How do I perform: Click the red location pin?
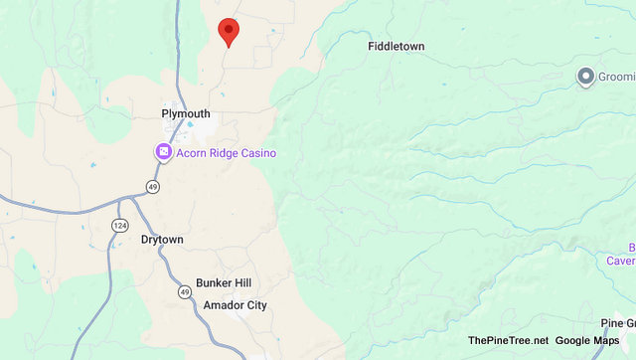[x=229, y=31]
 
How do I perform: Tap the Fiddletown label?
[x=397, y=47]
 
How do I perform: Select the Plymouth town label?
[x=186, y=114]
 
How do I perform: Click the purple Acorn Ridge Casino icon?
[x=162, y=152]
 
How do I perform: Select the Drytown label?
[x=162, y=241]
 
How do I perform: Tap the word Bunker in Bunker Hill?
[x=213, y=283]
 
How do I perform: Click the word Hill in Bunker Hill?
[x=241, y=283]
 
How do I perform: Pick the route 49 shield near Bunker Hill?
[x=185, y=291]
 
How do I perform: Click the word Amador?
[x=223, y=305]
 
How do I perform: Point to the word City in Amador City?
[x=256, y=305]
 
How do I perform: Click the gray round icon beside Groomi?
[x=586, y=76]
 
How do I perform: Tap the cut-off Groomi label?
[x=616, y=77]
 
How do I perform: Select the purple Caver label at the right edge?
[x=621, y=261]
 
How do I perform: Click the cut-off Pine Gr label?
[x=617, y=322]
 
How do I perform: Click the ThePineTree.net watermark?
[x=508, y=341]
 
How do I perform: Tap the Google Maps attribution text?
[x=587, y=341]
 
